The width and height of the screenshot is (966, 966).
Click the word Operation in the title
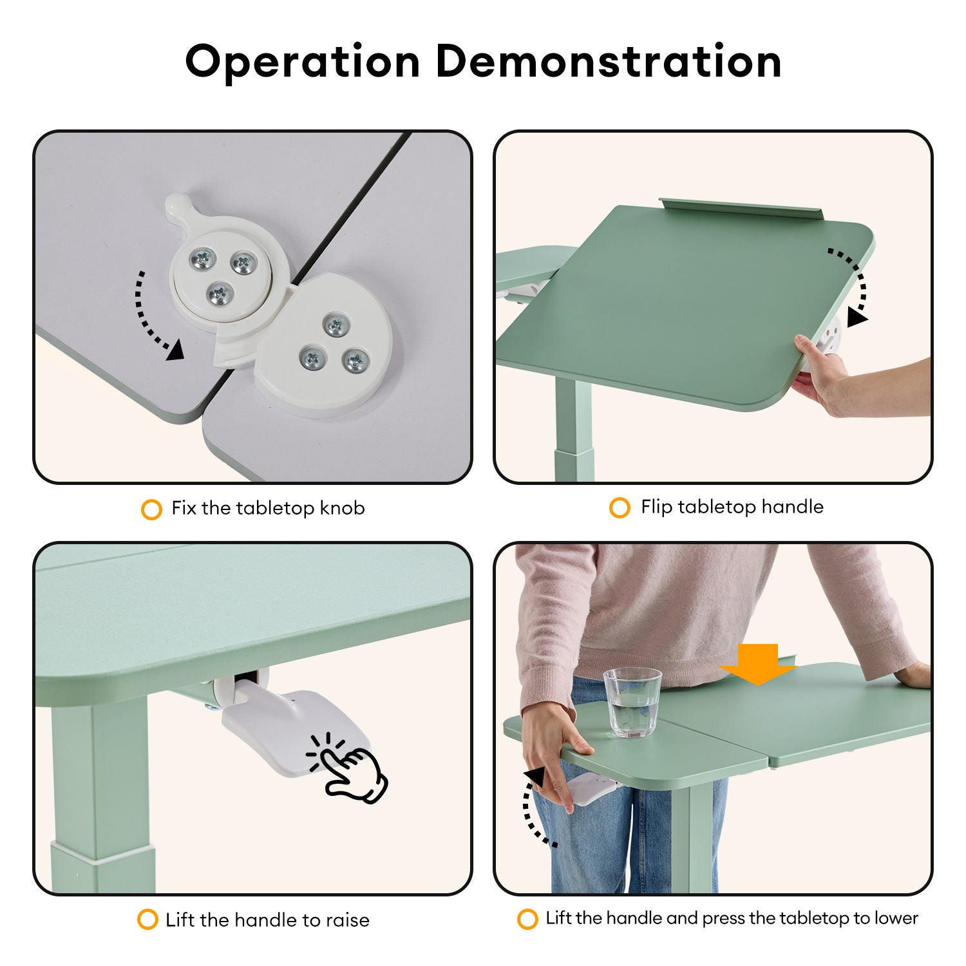tap(303, 62)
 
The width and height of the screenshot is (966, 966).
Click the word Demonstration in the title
tap(609, 61)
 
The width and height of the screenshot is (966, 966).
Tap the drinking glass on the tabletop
tap(632, 702)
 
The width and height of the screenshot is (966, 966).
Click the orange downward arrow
tap(759, 664)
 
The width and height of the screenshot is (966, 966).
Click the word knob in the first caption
tap(343, 508)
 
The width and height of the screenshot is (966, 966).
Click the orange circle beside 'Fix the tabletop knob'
tap(151, 509)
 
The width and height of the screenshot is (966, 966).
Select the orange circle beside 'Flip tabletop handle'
tap(620, 507)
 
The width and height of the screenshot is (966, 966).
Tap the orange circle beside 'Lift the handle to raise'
tap(147, 919)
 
